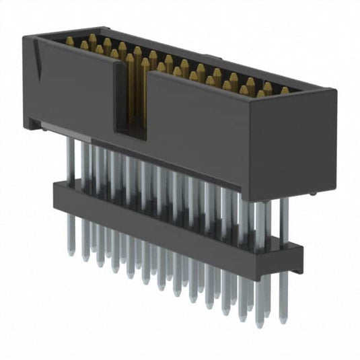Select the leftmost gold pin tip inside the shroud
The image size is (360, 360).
point(69,41)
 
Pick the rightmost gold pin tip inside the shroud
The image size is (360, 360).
point(285,90)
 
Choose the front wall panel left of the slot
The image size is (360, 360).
point(74,87)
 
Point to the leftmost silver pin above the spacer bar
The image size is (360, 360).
point(70,161)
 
